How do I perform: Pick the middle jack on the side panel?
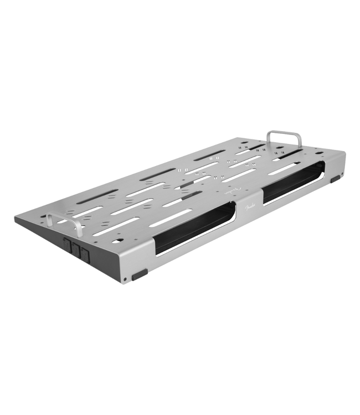click(76, 249)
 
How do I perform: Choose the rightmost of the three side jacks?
click(85, 254)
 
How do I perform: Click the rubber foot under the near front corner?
click(139, 274)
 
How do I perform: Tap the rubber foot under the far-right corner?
click(336, 179)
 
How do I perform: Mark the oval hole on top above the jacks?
click(117, 241)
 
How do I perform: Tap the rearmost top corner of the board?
click(254, 138)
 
